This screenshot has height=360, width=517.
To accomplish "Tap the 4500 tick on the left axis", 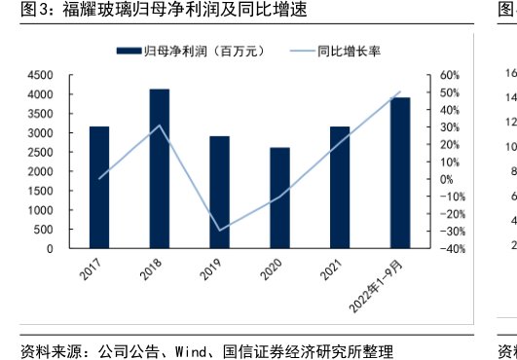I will (x=40, y=75).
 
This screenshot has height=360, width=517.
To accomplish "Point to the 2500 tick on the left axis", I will (x=40, y=152).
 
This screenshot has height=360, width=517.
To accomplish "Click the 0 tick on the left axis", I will (x=50, y=248).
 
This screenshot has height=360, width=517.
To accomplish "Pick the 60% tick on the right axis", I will (x=449, y=75).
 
